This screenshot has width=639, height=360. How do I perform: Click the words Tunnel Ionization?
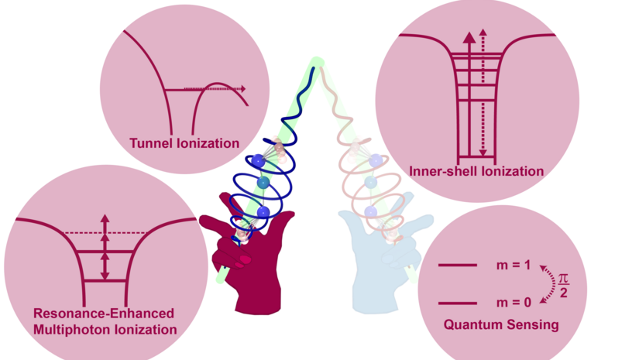184,142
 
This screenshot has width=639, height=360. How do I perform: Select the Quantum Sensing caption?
500,324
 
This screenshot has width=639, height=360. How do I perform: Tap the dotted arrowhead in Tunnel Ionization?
242,89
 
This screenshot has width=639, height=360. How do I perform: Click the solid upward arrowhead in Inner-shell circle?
469,36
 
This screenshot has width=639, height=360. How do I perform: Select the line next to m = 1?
458,266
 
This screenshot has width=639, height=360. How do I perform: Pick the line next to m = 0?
458,303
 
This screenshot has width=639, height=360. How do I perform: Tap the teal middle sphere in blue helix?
263,183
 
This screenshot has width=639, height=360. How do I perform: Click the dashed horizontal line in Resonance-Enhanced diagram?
104,233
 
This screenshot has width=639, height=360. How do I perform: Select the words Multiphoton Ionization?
105,330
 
